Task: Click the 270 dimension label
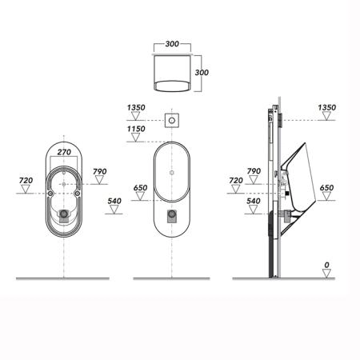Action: (64, 152)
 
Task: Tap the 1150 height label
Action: (136, 129)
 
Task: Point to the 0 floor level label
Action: (326, 265)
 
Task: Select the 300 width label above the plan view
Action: (172, 44)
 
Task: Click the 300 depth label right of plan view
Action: (202, 72)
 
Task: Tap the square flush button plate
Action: (171, 121)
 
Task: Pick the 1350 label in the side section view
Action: (326, 107)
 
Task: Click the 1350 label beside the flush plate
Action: (136, 107)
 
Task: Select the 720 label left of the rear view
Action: (26, 180)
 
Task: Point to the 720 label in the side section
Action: (236, 180)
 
